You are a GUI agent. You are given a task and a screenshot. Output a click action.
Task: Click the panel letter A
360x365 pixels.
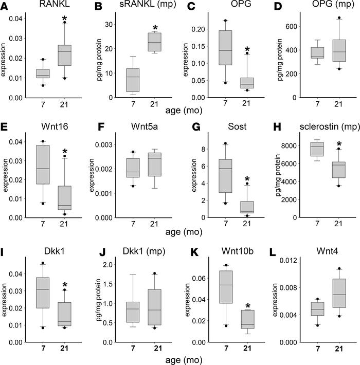coord(5,6)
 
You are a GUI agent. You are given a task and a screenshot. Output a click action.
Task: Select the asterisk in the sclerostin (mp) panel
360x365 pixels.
coord(338,144)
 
